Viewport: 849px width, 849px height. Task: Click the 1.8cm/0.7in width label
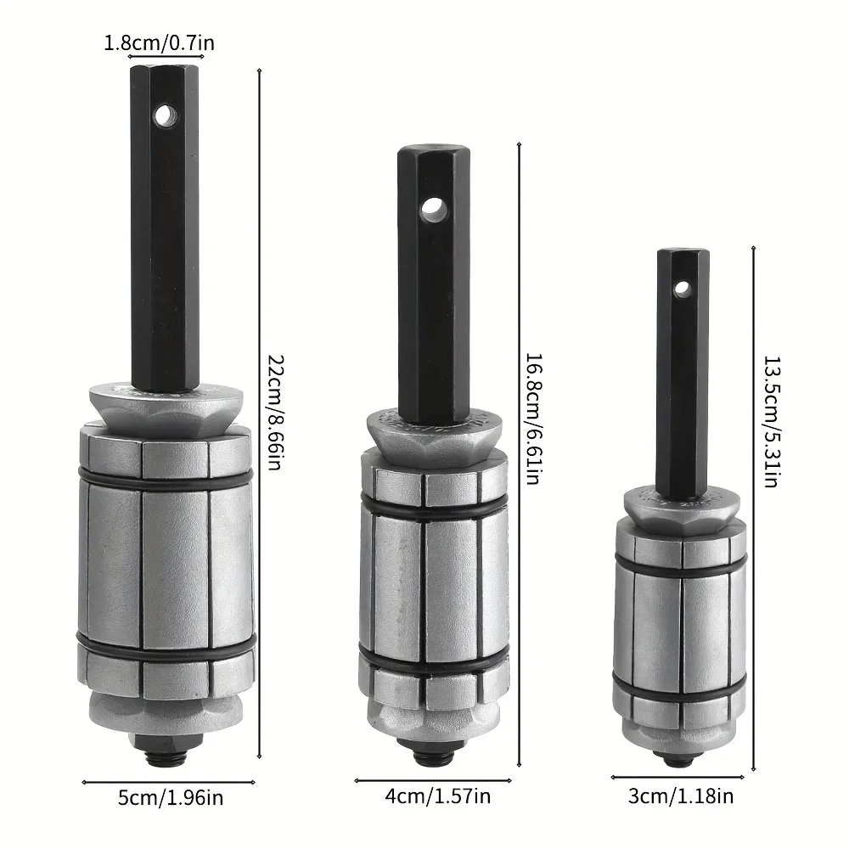pyautogui.click(x=160, y=42)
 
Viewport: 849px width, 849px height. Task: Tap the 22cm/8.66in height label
pyautogui.click(x=276, y=412)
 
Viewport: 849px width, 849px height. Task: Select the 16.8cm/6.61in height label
pyautogui.click(x=533, y=419)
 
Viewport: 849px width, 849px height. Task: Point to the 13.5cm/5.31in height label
pyautogui.click(x=771, y=421)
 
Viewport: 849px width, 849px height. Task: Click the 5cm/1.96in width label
pyautogui.click(x=171, y=797)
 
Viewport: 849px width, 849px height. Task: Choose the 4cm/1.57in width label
pyautogui.click(x=437, y=796)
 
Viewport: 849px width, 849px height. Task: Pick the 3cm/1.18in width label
pyautogui.click(x=681, y=796)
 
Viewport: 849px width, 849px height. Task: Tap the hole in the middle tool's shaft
pyautogui.click(x=434, y=209)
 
